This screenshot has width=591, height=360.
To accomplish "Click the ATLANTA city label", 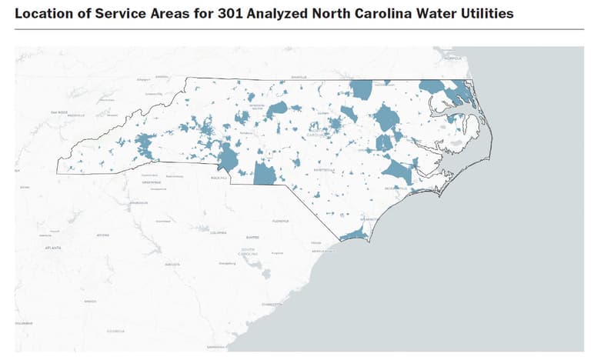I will (x=53, y=248).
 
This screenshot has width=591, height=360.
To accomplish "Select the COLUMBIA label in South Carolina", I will (x=219, y=232).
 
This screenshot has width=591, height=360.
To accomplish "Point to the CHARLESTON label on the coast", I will (x=271, y=304).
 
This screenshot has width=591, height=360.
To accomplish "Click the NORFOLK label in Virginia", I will (x=452, y=58).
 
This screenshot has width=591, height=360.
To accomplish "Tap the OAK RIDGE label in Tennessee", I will (x=58, y=112).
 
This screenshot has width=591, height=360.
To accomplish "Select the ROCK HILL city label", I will (x=219, y=178).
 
